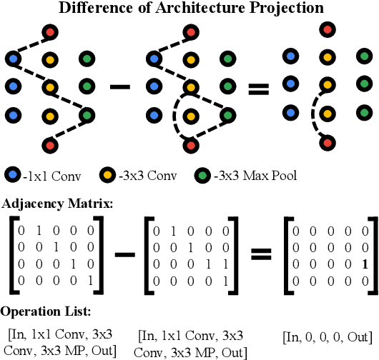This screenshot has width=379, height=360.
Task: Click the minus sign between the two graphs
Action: tap(119, 87)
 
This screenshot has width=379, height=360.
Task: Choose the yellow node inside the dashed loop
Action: tap(189, 116)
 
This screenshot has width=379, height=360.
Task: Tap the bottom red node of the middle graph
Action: tap(190, 145)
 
